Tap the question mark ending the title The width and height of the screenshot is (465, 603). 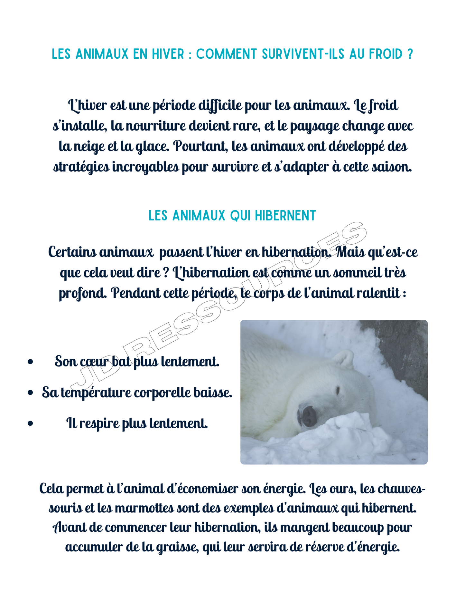point(410,54)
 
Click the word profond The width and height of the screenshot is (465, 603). point(82,294)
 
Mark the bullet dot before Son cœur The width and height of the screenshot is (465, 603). point(30,362)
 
